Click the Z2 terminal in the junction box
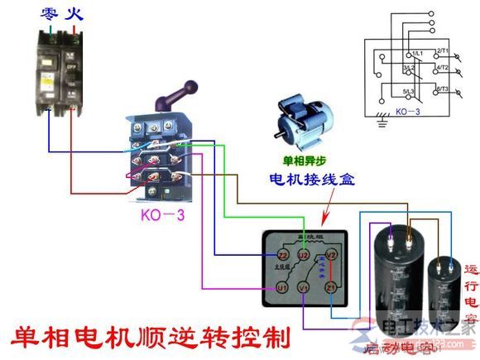(x=281, y=255)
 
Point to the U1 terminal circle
(x=281, y=287)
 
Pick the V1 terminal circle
(x=305, y=287)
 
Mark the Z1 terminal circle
(x=330, y=287)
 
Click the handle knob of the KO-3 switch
(x=190, y=85)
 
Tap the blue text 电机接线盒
(x=310, y=179)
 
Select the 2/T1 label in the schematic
(x=442, y=52)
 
